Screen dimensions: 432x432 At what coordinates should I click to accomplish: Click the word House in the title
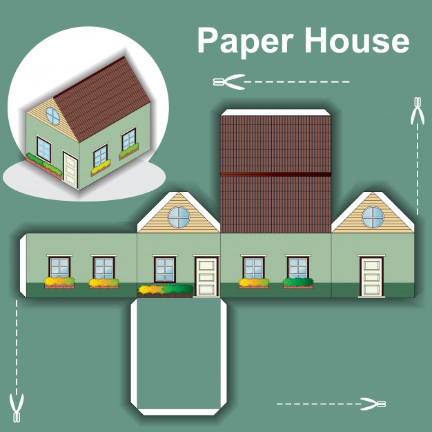[x=357, y=40]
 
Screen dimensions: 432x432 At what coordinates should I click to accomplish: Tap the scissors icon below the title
[x=229, y=82]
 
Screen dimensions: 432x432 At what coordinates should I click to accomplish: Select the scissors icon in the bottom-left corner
[x=17, y=408]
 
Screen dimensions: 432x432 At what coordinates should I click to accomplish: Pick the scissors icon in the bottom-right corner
[x=373, y=404]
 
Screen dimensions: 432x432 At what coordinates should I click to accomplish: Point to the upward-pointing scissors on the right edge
[x=418, y=110]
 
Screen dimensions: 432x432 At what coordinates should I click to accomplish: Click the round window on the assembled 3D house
[x=52, y=116]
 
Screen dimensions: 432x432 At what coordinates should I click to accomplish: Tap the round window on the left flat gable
[x=179, y=217]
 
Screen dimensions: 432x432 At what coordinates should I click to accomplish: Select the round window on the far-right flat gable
[x=373, y=217]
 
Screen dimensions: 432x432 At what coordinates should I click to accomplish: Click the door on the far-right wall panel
[x=372, y=276]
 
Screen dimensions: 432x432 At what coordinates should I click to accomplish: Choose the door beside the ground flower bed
[x=206, y=276]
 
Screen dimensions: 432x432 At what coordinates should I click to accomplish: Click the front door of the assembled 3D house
[x=70, y=169]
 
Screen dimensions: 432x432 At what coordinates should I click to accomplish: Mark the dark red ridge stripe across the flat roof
[x=276, y=174]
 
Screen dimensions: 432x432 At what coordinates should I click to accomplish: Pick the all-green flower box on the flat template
[x=298, y=283]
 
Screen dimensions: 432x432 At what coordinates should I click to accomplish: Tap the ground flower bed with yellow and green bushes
[x=166, y=291]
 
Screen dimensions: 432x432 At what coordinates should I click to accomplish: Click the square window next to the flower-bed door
[x=165, y=269]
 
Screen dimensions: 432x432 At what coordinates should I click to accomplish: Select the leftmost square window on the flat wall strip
[x=59, y=266]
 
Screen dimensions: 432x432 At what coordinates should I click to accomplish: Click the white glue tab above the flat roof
[x=276, y=112]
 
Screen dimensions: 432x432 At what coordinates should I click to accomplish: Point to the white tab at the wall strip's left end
[x=23, y=265]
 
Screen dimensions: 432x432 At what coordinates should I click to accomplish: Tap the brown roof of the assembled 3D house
[x=103, y=99]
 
